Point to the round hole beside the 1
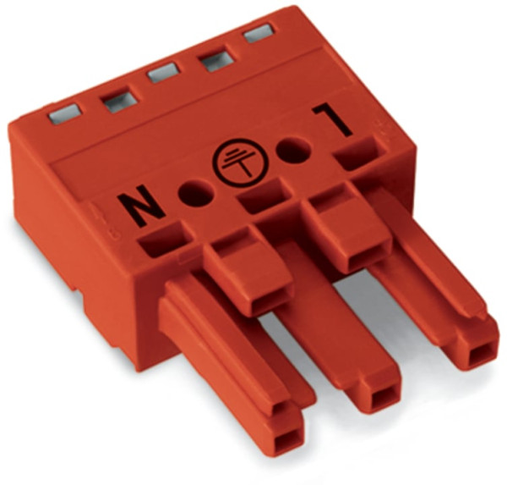292,153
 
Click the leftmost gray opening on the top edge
65,112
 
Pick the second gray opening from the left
114,102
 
